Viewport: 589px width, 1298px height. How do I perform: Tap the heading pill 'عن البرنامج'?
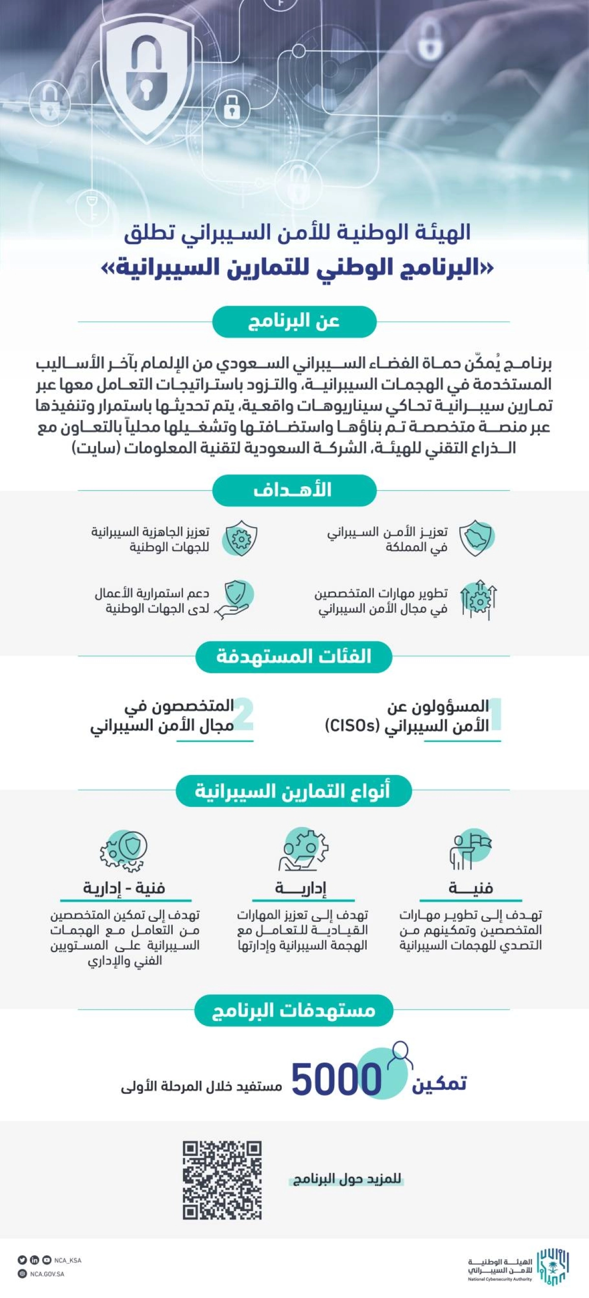(294, 322)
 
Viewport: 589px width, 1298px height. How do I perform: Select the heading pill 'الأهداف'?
(294, 490)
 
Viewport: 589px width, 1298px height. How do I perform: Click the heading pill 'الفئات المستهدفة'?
(294, 657)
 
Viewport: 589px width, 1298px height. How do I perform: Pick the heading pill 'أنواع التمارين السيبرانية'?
(294, 791)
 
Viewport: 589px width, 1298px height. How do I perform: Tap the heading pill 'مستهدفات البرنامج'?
(294, 1010)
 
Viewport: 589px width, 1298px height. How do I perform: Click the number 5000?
(336, 1079)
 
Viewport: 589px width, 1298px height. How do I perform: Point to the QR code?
(222, 1180)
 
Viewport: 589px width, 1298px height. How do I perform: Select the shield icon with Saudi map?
(477, 538)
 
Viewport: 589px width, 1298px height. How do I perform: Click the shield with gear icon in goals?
(241, 538)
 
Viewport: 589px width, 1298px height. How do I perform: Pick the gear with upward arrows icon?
(478, 600)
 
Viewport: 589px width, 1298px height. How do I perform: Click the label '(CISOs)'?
(352, 725)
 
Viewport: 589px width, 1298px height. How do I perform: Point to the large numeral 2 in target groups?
(243, 714)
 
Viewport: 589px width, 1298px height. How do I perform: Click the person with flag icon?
(470, 851)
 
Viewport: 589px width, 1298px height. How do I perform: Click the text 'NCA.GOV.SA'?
(47, 1274)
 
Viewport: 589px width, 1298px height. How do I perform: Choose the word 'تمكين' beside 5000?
(439, 1083)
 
